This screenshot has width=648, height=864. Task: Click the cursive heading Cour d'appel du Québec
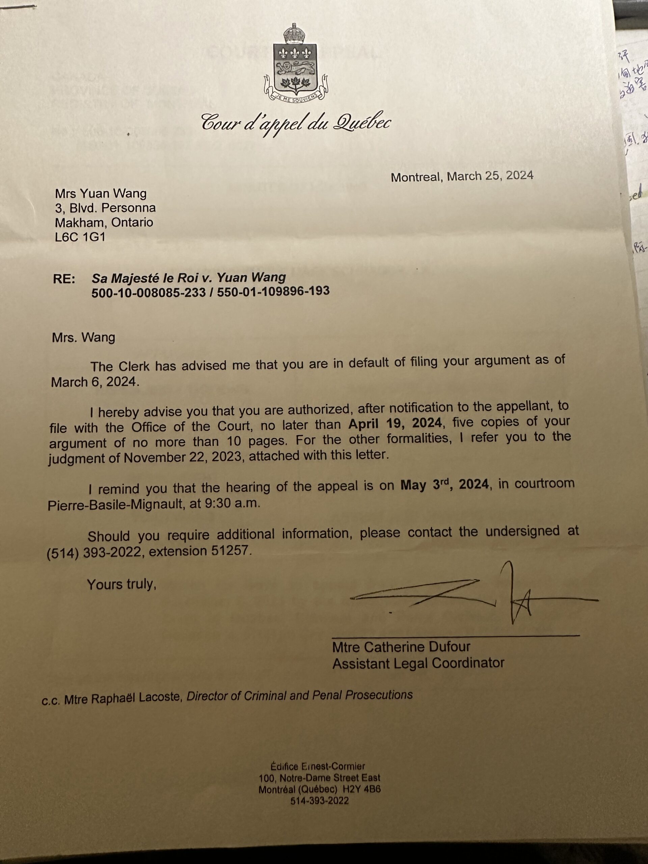click(296, 122)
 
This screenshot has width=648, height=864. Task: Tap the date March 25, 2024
click(490, 176)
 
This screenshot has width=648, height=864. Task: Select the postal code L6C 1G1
click(80, 237)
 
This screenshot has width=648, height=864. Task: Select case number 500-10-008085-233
click(148, 293)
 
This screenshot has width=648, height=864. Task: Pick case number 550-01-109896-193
click(273, 291)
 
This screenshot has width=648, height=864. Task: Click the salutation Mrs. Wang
click(83, 337)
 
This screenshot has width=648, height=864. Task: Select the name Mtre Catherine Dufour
click(401, 647)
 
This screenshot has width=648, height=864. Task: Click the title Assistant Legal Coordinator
click(418, 663)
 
